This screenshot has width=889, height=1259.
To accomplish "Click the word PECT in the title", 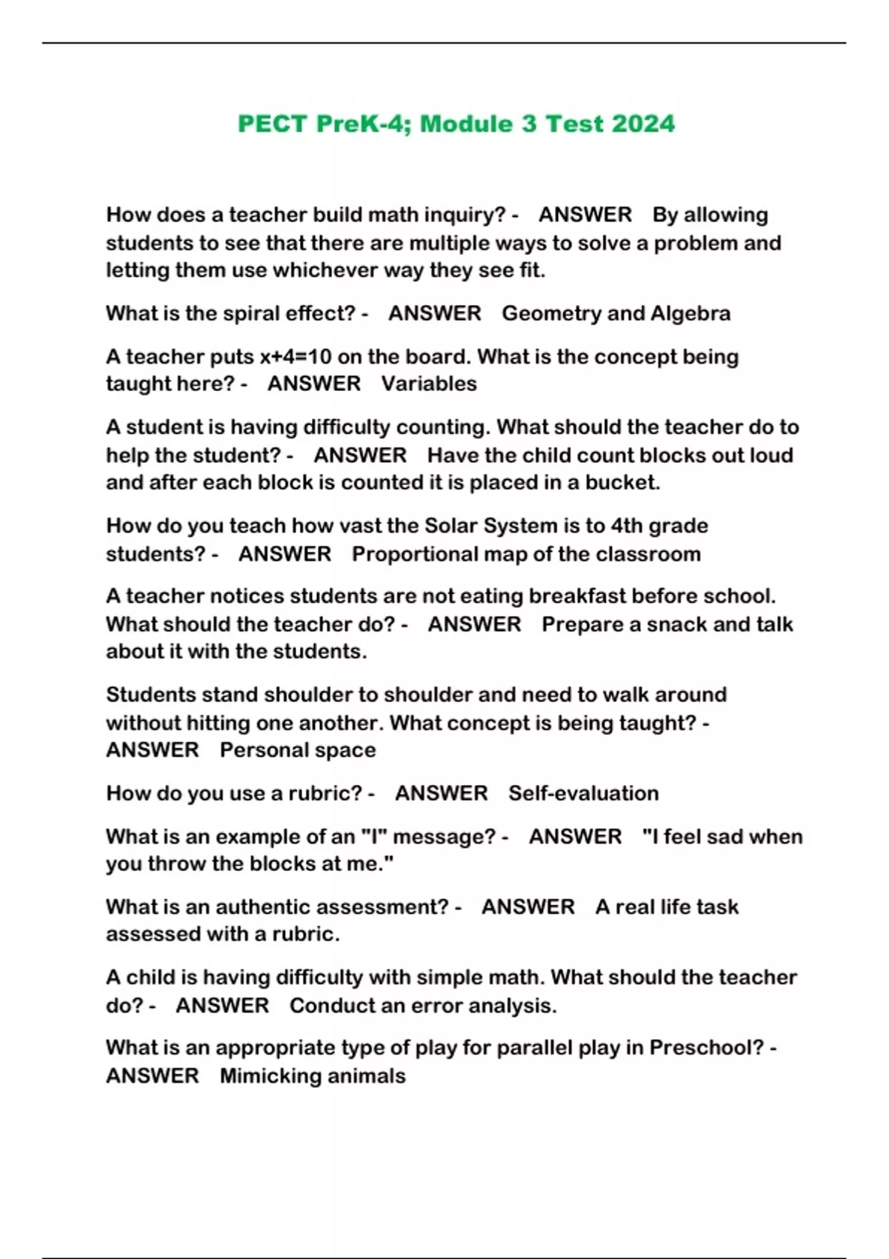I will click(273, 124).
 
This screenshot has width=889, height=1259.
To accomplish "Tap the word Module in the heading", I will click(467, 124).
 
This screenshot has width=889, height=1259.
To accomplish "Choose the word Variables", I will click(429, 384).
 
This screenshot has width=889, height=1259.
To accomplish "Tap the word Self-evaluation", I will click(583, 793).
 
